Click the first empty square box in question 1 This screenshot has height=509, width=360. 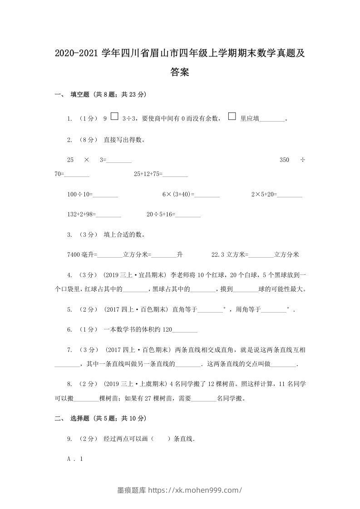tap(114, 117)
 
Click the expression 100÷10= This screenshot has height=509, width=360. tap(80, 195)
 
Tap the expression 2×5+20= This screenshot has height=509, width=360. tap(264, 195)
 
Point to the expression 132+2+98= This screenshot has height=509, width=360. tap(81, 215)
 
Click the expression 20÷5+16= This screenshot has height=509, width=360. tap(161, 215)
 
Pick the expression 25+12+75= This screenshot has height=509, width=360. tap(148, 174)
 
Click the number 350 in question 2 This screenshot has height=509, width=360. tap(285, 160)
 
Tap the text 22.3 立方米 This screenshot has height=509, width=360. tap(228, 255)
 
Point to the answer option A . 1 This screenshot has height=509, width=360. tap(75, 459)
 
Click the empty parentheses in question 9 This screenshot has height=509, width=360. tap(159, 439)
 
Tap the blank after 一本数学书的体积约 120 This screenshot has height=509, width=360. tap(185, 330)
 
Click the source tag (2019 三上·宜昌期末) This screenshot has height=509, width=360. tap(135, 275)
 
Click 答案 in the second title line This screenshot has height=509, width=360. tap(180, 72)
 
